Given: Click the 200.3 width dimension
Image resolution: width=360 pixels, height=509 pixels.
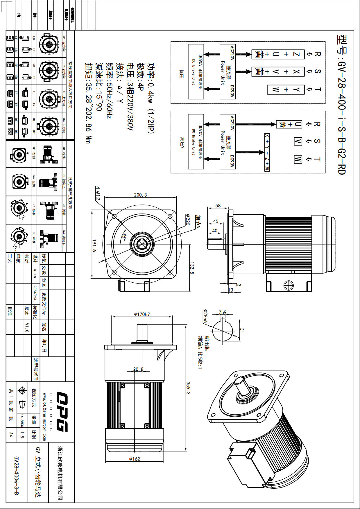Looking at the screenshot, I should click(x=140, y=195).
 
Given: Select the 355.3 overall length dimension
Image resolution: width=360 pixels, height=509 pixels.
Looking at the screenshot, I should click(x=188, y=388).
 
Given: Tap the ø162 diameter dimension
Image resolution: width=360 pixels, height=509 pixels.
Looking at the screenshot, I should click(x=135, y=459).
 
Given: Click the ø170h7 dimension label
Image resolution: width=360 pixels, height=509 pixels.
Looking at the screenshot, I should click(x=142, y=314).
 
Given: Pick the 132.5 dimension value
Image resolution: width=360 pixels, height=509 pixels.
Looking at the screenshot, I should click(x=192, y=268).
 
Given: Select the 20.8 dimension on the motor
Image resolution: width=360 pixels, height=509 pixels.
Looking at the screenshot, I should click(x=138, y=369).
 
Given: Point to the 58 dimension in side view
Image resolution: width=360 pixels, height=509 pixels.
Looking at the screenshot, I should click(x=218, y=205).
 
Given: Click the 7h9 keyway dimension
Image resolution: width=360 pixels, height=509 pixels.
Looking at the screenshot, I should click(x=223, y=312).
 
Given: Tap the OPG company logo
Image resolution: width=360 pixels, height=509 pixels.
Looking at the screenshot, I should click(x=62, y=412).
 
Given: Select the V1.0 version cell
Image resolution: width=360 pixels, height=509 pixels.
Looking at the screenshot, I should click(x=27, y=327).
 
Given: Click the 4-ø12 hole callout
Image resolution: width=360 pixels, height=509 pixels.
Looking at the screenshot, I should click(x=98, y=193).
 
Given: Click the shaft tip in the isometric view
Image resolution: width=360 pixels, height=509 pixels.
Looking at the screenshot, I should click(x=240, y=379).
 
